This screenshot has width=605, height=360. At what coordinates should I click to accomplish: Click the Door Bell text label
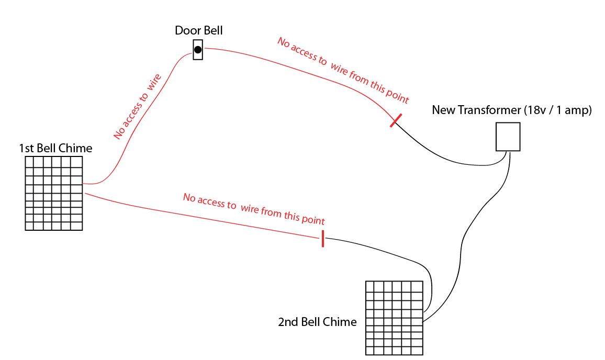[199, 30]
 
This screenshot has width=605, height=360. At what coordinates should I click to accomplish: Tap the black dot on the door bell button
[198, 50]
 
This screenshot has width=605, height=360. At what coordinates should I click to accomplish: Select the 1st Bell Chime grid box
[53, 193]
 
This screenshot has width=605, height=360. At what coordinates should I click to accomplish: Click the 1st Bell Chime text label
[55, 148]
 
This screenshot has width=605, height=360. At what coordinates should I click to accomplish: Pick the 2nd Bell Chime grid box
[394, 318]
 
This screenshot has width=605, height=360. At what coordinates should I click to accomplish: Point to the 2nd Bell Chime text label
[317, 322]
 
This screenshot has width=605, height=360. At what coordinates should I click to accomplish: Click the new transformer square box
[508, 137]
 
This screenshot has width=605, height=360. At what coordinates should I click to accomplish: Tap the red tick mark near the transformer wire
[396, 120]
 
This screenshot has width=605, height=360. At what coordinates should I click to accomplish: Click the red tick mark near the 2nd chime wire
[322, 239]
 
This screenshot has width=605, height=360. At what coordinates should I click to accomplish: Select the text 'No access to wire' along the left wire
[137, 107]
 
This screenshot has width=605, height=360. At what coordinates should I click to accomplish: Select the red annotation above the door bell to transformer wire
[343, 70]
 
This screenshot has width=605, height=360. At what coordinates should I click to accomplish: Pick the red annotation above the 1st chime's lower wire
[254, 209]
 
